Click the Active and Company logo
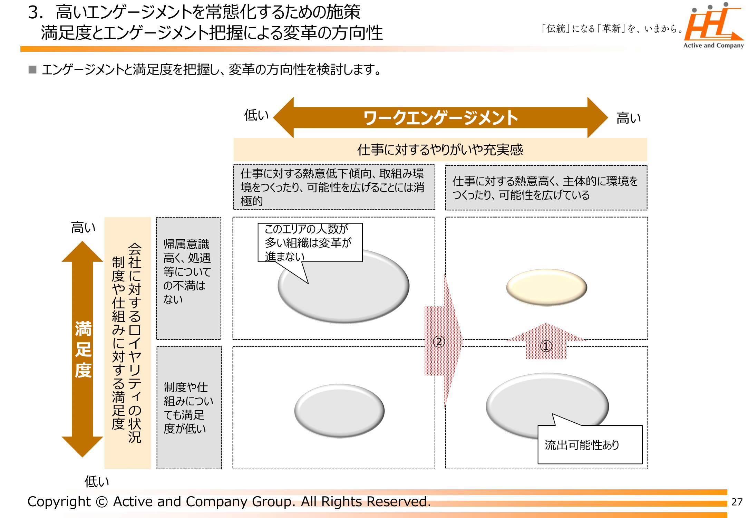tap(713, 26)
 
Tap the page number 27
tap(737, 502)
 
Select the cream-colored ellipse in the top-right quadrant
tap(546, 287)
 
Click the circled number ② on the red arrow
tap(439, 342)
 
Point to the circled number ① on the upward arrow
tap(546, 346)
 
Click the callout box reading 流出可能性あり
tap(590, 445)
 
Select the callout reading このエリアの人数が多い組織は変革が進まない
tap(310, 242)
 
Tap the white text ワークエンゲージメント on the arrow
tap(440, 118)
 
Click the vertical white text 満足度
tap(83, 349)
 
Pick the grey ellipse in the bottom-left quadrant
tap(339, 411)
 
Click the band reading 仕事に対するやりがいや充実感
tap(440, 150)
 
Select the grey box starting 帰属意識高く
tap(188, 278)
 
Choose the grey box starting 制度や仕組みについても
tap(189, 407)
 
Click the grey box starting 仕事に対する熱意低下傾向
tap(333, 187)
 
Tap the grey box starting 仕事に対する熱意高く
tap(546, 188)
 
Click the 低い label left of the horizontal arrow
tap(256, 115)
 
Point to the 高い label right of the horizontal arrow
tap(628, 118)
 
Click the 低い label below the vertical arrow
tap(97, 481)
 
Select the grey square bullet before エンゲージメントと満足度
tap(32, 70)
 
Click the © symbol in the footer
tap(102, 502)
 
